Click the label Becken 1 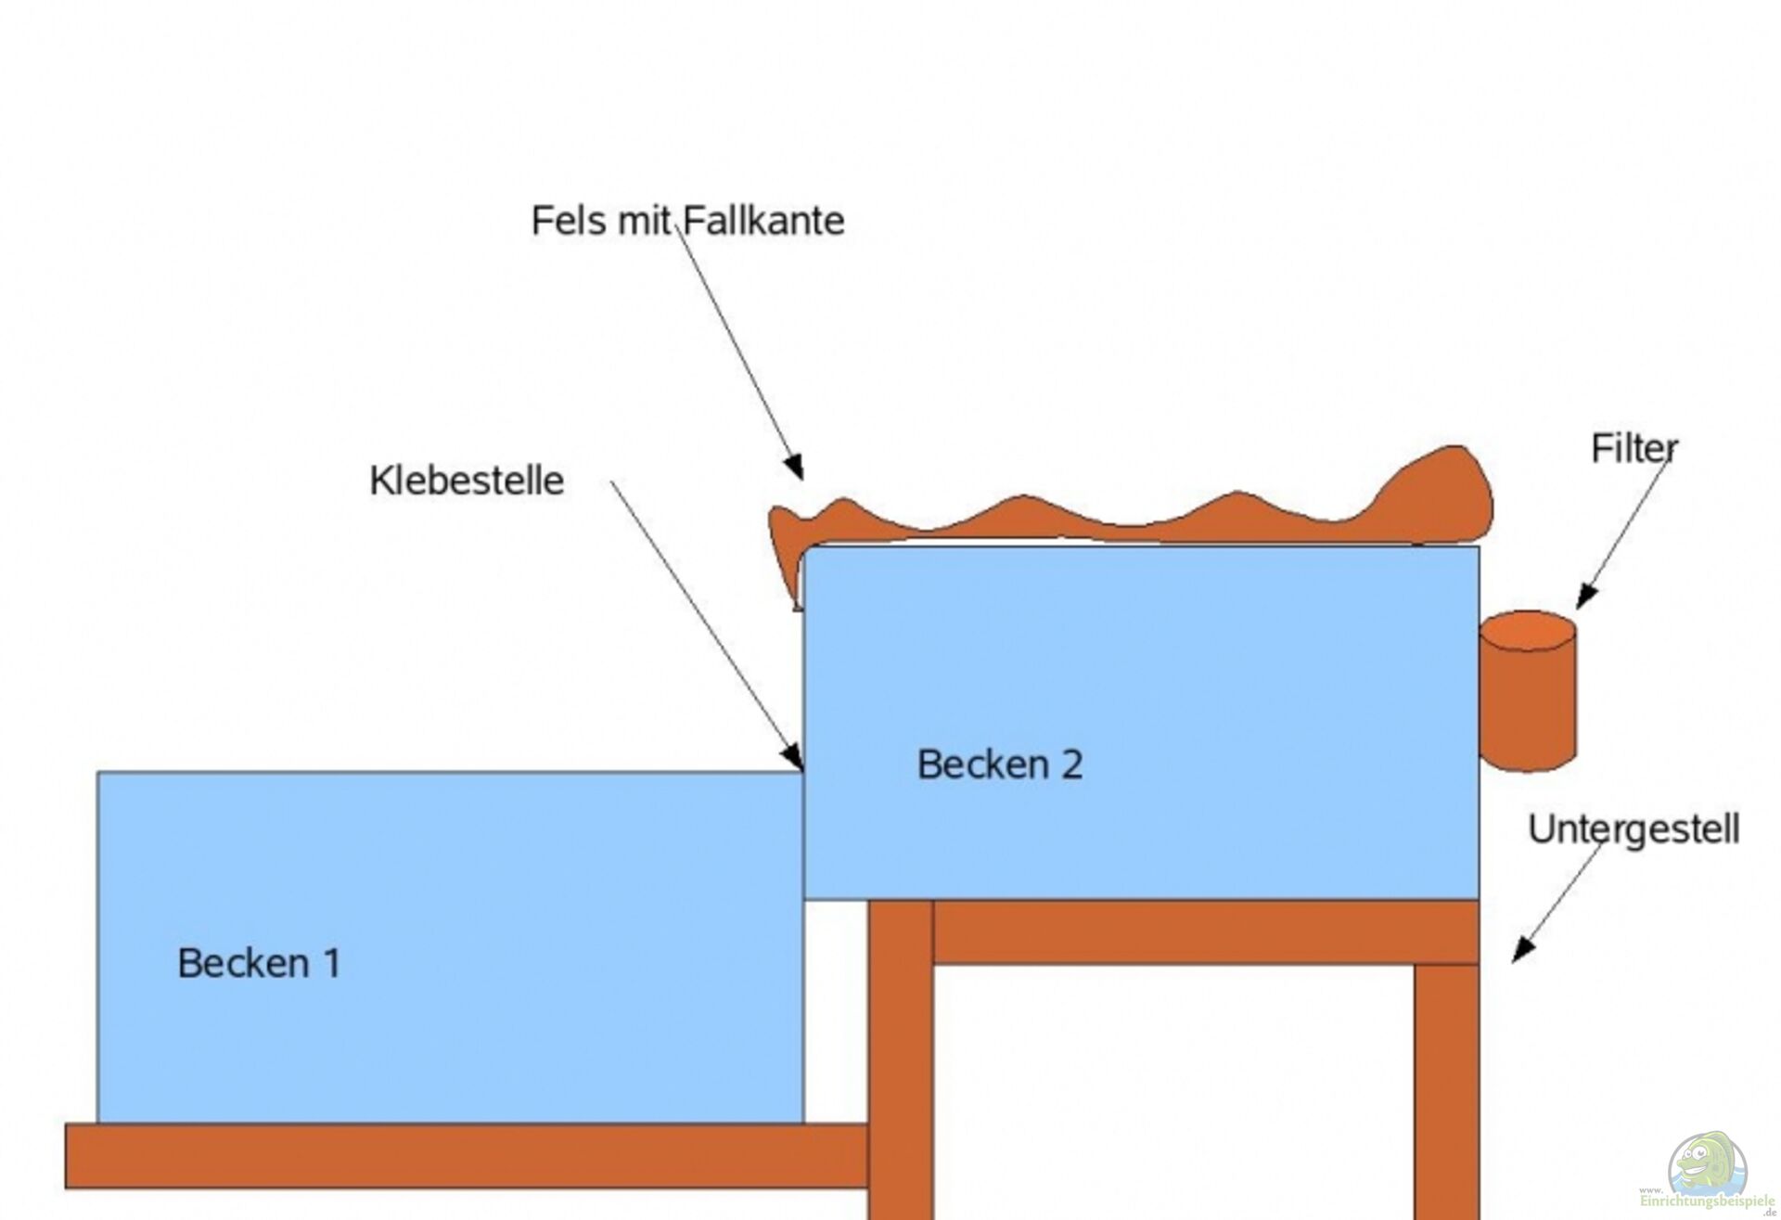[259, 963]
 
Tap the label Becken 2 [999, 764]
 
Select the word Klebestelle [467, 481]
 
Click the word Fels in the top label [567, 221]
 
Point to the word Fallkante [763, 221]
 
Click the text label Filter [1634, 449]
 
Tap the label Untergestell [1634, 829]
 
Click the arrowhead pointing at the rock [795, 467]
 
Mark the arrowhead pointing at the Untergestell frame [1522, 951]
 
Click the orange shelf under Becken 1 [464, 1156]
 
